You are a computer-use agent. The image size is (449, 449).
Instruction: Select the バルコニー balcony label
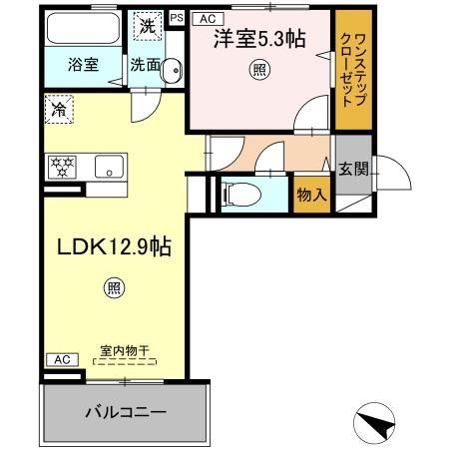pos(125,411)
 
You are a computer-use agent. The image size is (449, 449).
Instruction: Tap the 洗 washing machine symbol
pos(147,26)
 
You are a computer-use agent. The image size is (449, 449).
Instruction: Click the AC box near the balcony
pos(59,359)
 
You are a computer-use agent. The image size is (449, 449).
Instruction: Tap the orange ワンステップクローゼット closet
pos(350,67)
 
